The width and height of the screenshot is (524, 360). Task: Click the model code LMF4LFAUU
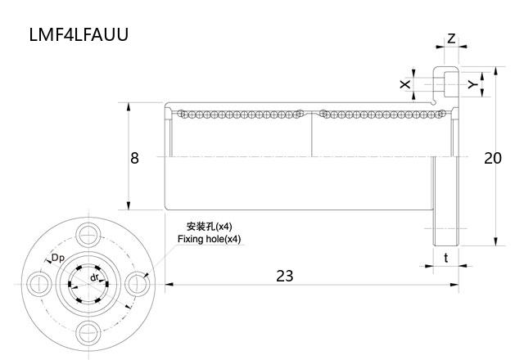79,35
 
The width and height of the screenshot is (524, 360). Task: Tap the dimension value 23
284,276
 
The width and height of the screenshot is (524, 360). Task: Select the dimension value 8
135,157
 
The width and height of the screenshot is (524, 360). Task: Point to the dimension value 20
492,158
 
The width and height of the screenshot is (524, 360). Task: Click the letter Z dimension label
451,39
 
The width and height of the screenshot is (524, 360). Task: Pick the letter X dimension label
404,84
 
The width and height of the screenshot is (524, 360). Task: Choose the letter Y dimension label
472,84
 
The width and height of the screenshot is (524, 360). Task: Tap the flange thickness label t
445,257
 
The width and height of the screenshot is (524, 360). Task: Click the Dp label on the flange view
58,259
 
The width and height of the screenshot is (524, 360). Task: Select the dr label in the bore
95,278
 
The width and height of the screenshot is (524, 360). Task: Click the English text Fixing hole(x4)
210,239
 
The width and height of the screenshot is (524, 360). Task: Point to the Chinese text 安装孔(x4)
210,227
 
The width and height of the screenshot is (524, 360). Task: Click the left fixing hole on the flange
38,283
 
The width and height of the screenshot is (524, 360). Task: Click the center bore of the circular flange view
86,283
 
